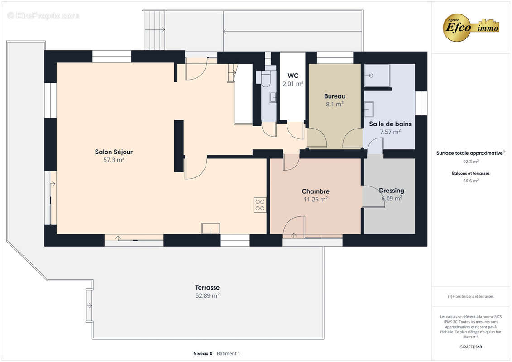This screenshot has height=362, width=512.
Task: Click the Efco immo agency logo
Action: coord(471,28)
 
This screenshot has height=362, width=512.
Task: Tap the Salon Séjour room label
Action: coord(114,152)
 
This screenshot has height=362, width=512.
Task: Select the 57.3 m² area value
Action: coord(114,160)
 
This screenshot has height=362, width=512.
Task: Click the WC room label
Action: coord(293,76)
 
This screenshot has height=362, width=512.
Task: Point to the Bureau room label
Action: coord(335,96)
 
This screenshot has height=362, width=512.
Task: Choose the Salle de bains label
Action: coord(390,124)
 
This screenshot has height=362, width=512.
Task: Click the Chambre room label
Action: coord(316,191)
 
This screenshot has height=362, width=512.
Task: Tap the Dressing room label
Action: coord(392,191)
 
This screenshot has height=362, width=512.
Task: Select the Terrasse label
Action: coord(207,288)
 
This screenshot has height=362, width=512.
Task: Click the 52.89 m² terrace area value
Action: coord(207,296)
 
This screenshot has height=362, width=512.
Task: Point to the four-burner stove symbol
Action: coord(260,205)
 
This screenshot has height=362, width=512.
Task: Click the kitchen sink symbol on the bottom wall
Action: coord(211,229)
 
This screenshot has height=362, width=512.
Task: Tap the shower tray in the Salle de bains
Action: coord(377,76)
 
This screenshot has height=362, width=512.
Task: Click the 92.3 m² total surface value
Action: coord(470,162)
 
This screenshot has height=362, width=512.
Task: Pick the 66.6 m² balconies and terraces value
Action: coord(470,181)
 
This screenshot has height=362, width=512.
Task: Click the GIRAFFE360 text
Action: coord(470,347)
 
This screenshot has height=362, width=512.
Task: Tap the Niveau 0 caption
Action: coord(203,353)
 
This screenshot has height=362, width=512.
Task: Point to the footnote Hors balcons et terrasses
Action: coord(470,297)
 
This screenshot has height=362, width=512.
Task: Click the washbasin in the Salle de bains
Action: coord(369,109)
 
